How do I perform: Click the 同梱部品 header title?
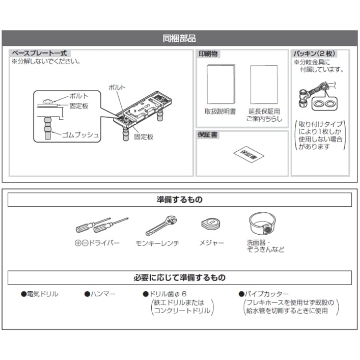coord(179,38)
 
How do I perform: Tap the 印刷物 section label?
coord(209,53)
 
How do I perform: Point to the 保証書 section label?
coord(209,135)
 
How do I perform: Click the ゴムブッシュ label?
coord(80,135)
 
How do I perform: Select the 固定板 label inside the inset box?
coord(79,105)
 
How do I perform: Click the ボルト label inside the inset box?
coord(78,96)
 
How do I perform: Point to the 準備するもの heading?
coord(179,200)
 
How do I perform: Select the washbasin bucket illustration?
coord(262,223)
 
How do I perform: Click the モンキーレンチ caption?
coord(157,243)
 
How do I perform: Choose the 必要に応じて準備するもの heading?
coord(179,278)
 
